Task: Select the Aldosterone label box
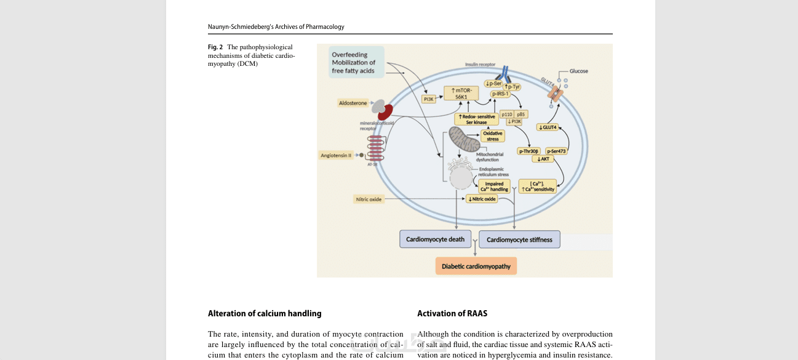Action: (x=353, y=103)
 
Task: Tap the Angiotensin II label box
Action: (x=336, y=155)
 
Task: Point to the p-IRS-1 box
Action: (x=499, y=94)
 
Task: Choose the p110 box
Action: (x=507, y=114)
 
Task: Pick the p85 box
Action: (x=521, y=114)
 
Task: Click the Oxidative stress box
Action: (x=493, y=136)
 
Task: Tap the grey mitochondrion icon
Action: (x=463, y=140)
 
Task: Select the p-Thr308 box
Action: (x=529, y=151)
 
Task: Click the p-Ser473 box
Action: (x=556, y=151)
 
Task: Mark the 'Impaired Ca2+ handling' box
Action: (x=494, y=186)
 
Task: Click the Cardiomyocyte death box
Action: (x=436, y=239)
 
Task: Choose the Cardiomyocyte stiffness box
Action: (x=519, y=239)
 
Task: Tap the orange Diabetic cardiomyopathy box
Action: (x=476, y=266)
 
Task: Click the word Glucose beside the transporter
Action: (x=578, y=71)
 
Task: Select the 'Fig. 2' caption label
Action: (x=215, y=47)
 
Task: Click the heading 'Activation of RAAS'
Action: (x=452, y=313)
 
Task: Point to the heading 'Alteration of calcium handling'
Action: (x=265, y=313)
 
